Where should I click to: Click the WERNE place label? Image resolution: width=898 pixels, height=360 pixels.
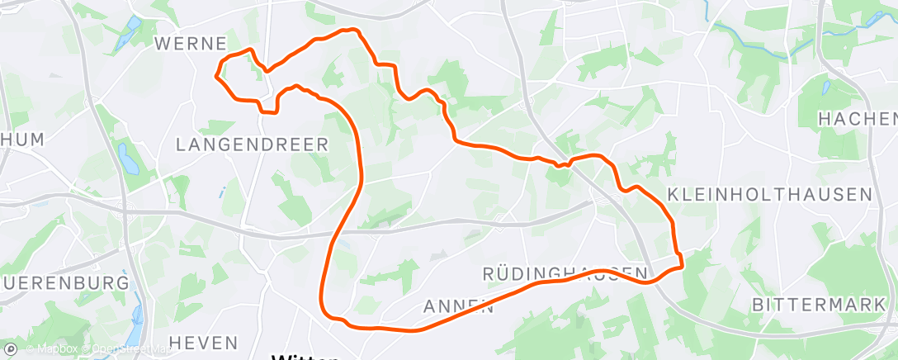(x=190, y=42)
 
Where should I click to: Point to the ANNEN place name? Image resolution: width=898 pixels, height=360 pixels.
(x=458, y=307)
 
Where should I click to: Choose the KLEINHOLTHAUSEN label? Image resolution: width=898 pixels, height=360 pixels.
(x=769, y=195)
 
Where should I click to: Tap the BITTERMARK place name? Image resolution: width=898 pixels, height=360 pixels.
(x=818, y=305)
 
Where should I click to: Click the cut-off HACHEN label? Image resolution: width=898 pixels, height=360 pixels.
(x=857, y=120)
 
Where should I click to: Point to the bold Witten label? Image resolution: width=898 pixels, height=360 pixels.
(x=305, y=356)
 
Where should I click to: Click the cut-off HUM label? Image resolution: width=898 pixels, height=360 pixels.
(x=22, y=140)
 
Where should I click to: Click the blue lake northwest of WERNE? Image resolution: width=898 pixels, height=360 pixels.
(x=126, y=33)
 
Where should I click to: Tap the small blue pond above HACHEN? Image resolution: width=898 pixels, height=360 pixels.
(x=826, y=88)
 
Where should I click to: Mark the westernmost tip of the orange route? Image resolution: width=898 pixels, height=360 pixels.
(x=216, y=77)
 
